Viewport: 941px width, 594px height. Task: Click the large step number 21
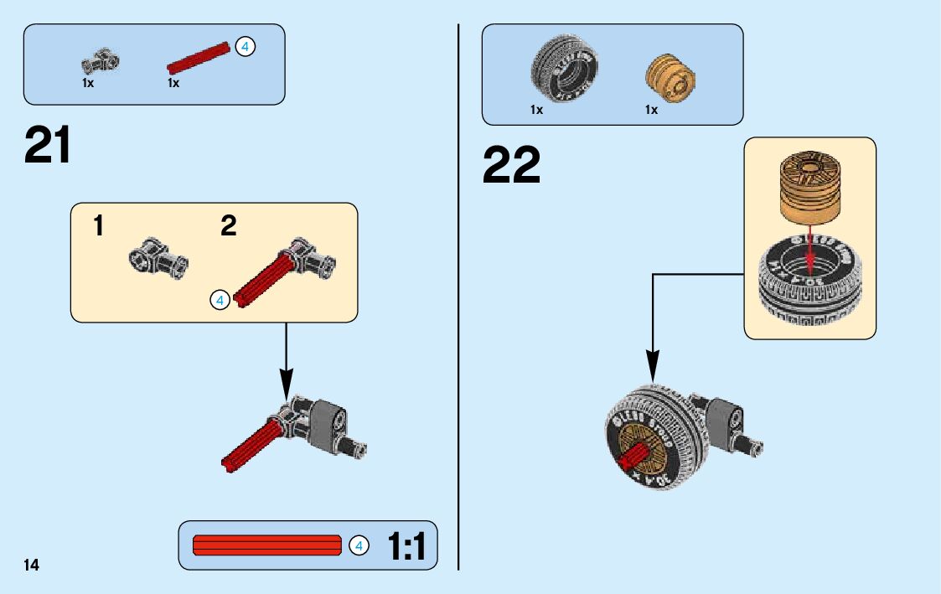click(49, 146)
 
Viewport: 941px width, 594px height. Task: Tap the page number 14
click(32, 564)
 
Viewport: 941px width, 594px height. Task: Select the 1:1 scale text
click(406, 547)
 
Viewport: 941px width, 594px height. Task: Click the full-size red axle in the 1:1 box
click(266, 545)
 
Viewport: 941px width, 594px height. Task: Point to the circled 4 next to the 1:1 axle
click(358, 546)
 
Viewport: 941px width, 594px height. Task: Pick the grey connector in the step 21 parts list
click(100, 60)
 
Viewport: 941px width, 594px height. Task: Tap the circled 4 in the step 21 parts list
click(244, 47)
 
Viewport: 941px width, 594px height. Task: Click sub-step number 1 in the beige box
click(99, 226)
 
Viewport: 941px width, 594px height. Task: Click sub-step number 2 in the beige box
click(228, 226)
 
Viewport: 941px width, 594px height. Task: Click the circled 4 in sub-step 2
click(220, 299)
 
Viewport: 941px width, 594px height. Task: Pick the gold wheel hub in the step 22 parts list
click(671, 77)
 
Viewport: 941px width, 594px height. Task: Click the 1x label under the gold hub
click(651, 110)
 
